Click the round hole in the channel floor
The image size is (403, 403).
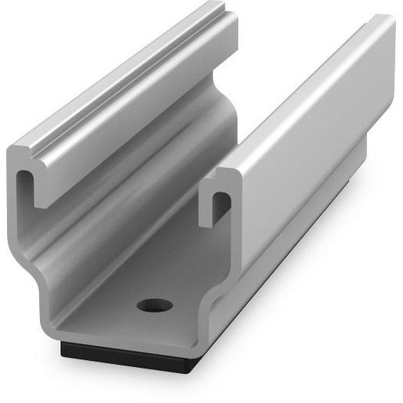coord(153,304)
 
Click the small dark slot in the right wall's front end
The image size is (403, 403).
coord(220,205)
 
